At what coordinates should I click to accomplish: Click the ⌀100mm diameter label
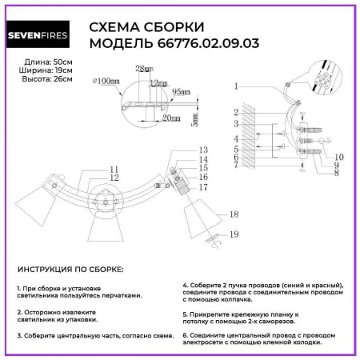[x=106, y=83]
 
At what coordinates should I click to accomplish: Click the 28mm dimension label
[x=145, y=70]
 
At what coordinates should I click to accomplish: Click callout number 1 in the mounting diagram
[x=237, y=86]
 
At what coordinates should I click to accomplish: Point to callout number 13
[x=203, y=150]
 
